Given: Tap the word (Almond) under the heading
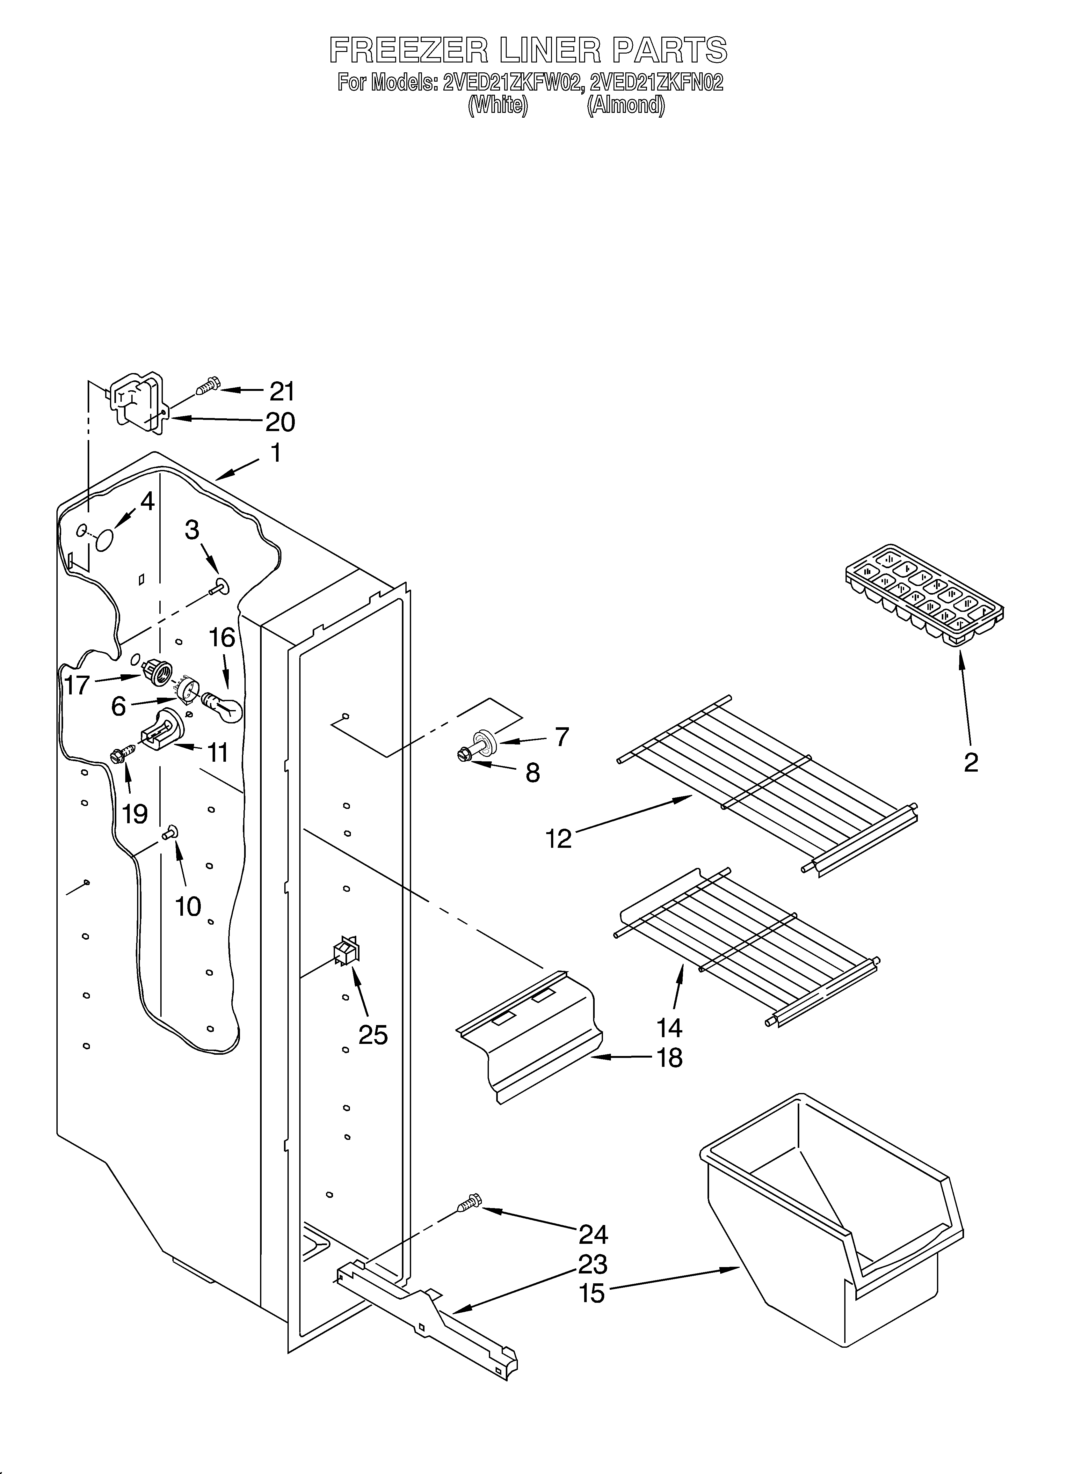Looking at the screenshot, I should pyautogui.click(x=626, y=105).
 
